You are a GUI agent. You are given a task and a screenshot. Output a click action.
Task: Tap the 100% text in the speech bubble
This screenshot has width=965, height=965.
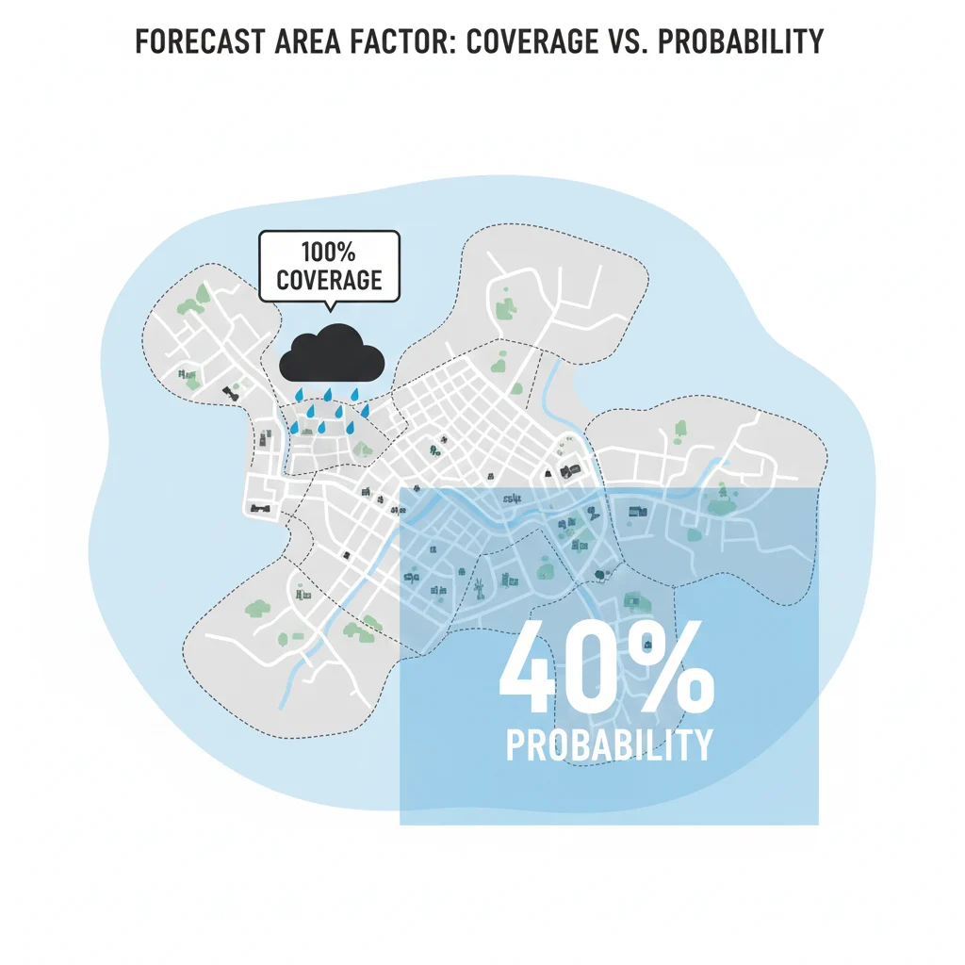click(330, 253)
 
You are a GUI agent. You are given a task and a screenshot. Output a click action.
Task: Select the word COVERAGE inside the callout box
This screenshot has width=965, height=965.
click(330, 280)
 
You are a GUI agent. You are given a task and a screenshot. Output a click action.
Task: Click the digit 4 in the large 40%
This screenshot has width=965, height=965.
click(534, 670)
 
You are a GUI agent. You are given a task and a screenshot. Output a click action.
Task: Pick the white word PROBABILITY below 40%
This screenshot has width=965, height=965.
click(609, 744)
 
